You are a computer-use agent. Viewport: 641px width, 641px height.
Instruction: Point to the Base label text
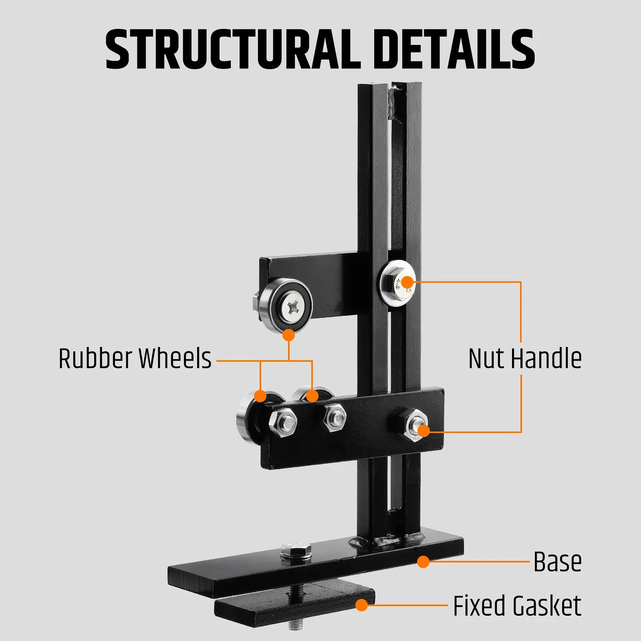[x=557, y=562]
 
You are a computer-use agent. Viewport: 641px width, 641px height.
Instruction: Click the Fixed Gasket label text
[x=517, y=606]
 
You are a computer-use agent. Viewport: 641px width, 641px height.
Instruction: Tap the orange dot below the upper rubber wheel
[x=288, y=335]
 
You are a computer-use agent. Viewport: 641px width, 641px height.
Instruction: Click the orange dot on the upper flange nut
[x=407, y=282]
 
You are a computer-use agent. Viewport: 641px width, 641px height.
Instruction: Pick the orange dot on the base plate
[x=423, y=562]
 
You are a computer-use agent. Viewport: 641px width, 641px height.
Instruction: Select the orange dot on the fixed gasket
[x=362, y=605]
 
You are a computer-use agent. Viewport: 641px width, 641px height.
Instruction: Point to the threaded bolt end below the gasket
[x=296, y=625]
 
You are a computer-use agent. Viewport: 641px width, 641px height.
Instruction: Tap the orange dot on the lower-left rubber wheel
[x=260, y=396]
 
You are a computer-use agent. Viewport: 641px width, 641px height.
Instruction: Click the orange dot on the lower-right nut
[x=423, y=431]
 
